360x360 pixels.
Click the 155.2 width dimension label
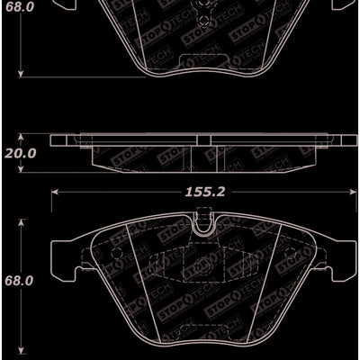pyautogui.click(x=200, y=191)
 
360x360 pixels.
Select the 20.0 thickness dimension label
pyautogui.click(x=19, y=154)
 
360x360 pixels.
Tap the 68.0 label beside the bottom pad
pyautogui.click(x=18, y=282)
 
